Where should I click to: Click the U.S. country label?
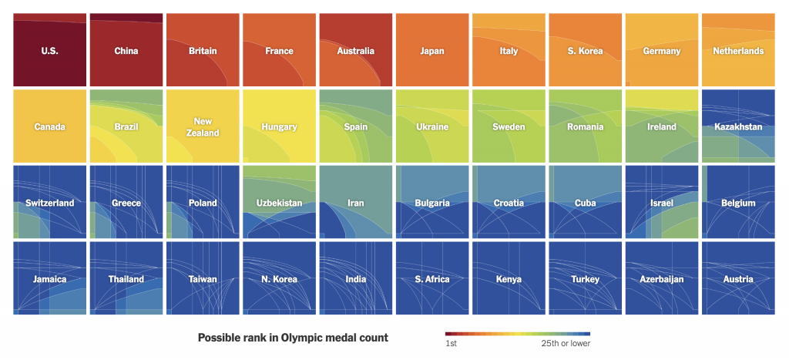point(49,52)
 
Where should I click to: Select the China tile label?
point(126,52)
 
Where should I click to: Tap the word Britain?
point(203,52)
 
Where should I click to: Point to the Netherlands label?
point(738,52)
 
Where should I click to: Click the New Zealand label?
point(203,127)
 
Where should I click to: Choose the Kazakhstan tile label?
point(738,127)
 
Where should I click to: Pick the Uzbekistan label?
point(279,204)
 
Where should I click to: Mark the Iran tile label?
point(355,204)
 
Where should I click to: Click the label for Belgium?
point(738,204)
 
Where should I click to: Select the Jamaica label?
point(49,280)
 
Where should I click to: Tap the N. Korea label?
point(279,280)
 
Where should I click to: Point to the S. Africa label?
point(432,280)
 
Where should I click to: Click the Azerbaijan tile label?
point(662,280)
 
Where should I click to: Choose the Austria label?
point(738,280)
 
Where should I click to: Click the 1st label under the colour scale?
point(451,344)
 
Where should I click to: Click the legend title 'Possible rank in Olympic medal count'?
point(293,338)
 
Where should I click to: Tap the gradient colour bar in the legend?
point(518,333)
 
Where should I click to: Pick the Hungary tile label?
point(279,127)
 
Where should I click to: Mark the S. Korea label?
point(585,52)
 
